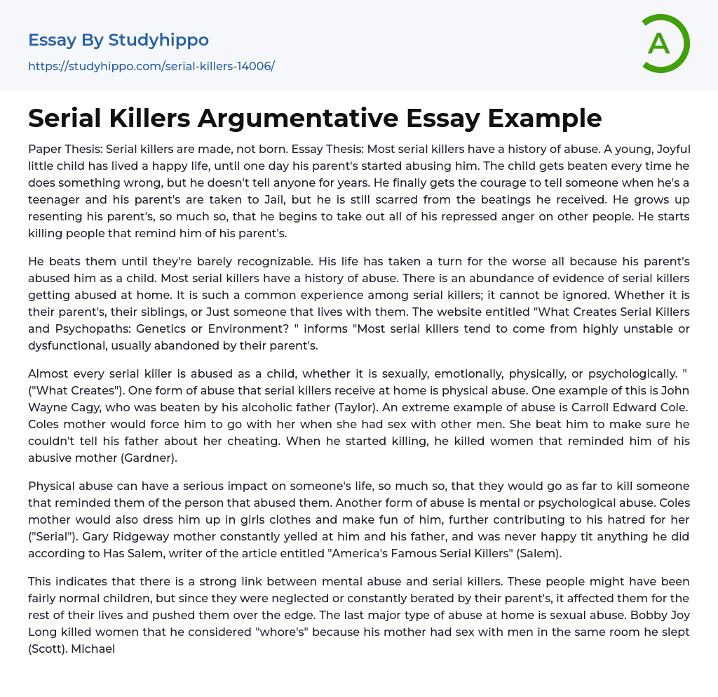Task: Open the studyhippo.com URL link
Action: (151, 66)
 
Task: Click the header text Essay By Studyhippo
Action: (118, 40)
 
